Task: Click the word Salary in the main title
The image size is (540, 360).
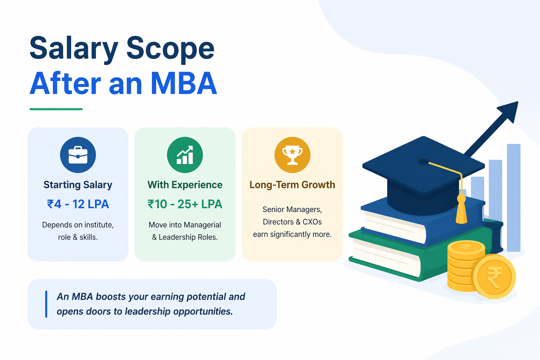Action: (x=74, y=49)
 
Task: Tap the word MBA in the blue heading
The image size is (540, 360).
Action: (x=184, y=84)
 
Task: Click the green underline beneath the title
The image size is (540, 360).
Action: (x=56, y=109)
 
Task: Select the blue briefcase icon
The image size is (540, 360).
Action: (x=78, y=155)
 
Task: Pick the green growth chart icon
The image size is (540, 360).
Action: (x=185, y=155)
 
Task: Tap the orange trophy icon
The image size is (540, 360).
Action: (x=292, y=155)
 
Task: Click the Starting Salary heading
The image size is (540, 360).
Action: (x=78, y=185)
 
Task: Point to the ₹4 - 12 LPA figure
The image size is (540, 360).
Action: (x=78, y=204)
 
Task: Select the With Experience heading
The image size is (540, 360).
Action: (x=185, y=185)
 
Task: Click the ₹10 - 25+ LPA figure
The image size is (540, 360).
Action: (x=185, y=204)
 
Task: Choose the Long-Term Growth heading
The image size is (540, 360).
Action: (x=292, y=185)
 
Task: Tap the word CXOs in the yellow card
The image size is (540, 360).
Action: (x=312, y=222)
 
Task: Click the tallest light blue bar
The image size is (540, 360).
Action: (x=514, y=197)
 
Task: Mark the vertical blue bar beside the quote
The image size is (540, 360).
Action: (x=46, y=304)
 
